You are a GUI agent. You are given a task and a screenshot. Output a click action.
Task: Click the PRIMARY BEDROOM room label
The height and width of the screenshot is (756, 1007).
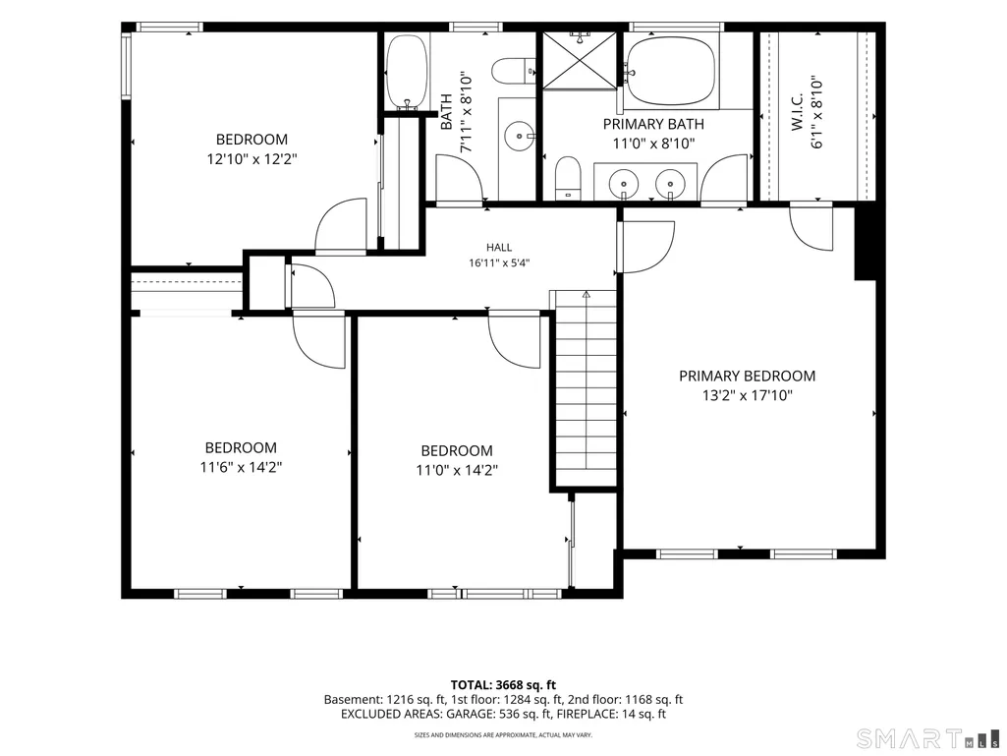(747, 376)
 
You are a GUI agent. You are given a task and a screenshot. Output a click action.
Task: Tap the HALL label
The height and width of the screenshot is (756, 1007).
(499, 248)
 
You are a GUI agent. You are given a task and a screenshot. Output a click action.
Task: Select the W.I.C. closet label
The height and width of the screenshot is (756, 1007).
(798, 113)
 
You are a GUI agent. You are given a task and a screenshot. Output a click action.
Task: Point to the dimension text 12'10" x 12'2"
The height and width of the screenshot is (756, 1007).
(252, 159)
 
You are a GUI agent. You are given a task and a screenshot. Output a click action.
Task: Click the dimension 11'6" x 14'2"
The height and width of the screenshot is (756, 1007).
(241, 467)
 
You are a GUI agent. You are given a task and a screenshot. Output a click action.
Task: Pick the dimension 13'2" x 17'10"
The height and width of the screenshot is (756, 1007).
(747, 395)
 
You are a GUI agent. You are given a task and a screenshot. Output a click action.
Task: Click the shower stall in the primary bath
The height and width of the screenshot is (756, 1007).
(580, 60)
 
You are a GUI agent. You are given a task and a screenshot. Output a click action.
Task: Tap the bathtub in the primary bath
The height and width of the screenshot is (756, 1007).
(670, 71)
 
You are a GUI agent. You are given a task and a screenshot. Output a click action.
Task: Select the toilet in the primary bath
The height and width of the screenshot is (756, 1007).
(567, 177)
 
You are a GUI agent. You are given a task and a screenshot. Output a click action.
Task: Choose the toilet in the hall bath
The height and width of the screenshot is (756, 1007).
(514, 71)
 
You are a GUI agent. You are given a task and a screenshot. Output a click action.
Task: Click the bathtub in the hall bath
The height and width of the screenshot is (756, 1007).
(407, 72)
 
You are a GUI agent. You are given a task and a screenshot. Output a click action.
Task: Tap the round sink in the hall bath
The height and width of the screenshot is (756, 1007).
(519, 136)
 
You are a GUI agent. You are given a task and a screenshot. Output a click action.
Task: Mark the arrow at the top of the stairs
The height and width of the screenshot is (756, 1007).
(586, 296)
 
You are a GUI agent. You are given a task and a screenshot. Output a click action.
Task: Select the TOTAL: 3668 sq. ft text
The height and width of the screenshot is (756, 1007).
(503, 685)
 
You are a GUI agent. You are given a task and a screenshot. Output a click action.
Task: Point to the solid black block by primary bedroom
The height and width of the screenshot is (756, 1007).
(866, 244)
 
